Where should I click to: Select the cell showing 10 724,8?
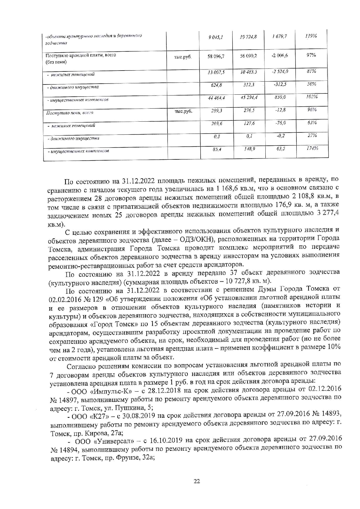click(x=248, y=37)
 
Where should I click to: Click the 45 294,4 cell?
click(x=248, y=98)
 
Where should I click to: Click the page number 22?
click(x=197, y=481)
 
